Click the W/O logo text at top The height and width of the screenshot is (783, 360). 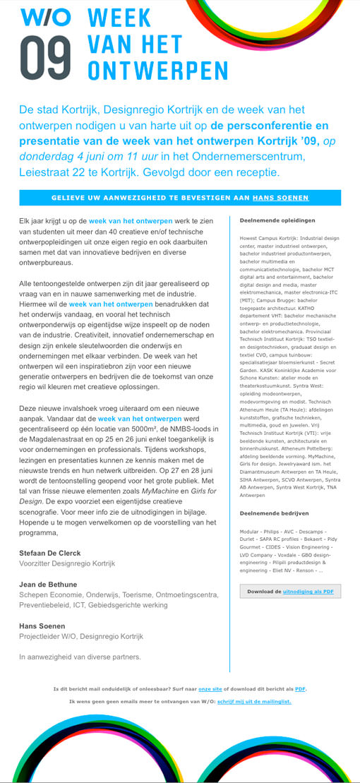pyautogui.click(x=45, y=17)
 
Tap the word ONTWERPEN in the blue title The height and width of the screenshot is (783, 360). pyautogui.click(x=157, y=71)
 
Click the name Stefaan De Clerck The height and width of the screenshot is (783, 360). pyautogui.click(x=50, y=553)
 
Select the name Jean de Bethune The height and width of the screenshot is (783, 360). pyautogui.click(x=49, y=585)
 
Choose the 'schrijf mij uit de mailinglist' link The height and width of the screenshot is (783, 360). pyautogui.click(x=254, y=701)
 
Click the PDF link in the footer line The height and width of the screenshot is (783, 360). pyautogui.click(x=300, y=688)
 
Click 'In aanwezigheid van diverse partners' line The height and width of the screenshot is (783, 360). pyautogui.click(x=80, y=657)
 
